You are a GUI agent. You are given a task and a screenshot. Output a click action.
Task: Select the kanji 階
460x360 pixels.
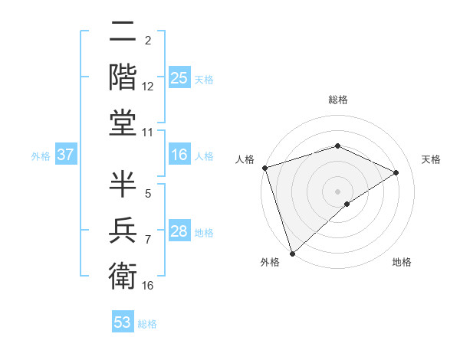click(123, 77)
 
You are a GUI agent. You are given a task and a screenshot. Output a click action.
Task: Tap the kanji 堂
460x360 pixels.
click(123, 123)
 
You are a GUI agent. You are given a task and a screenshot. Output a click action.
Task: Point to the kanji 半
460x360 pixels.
click(123, 184)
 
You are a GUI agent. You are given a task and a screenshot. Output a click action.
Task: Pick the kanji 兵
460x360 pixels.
click(123, 229)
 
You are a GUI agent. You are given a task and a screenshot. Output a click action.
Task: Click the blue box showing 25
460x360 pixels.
click(179, 77)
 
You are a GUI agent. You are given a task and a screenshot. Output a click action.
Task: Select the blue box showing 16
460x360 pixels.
click(179, 155)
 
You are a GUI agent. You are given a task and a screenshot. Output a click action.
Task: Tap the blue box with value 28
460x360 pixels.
click(179, 232)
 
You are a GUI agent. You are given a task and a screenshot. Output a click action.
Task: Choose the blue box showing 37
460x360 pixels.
click(65, 155)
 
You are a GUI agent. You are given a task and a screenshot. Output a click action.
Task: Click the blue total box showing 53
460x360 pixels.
click(123, 322)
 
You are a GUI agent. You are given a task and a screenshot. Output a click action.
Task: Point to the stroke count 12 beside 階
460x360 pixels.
click(148, 87)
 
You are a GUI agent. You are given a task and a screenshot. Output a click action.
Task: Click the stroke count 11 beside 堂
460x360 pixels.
click(148, 133)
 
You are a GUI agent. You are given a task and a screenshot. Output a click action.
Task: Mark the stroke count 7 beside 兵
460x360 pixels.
click(148, 240)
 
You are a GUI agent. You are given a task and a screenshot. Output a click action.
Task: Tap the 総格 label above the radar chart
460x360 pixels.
click(337, 100)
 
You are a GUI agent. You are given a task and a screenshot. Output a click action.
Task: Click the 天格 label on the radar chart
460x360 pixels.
click(432, 159)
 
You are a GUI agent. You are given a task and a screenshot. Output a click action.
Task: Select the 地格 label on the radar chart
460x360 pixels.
click(402, 263)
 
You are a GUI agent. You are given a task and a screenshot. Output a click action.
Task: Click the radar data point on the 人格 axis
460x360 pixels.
click(264, 168)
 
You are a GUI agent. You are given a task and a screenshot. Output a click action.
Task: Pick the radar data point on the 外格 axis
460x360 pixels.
click(292, 253)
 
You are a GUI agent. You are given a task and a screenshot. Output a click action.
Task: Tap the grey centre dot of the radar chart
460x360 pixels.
click(337, 191)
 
